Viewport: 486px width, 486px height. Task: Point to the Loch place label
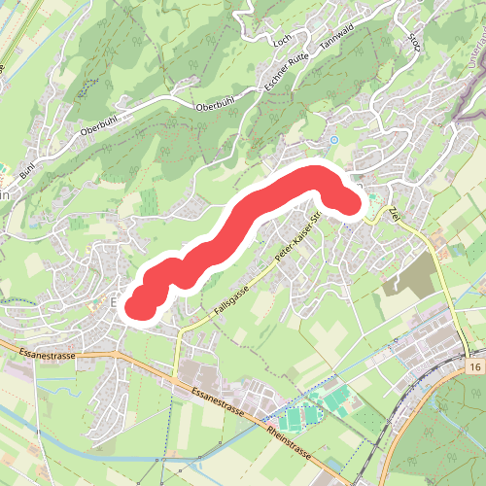pyautogui.click(x=283, y=43)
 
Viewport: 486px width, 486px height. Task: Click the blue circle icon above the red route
pyautogui.click(x=334, y=140)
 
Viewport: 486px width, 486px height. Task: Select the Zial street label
pyautogui.click(x=394, y=214)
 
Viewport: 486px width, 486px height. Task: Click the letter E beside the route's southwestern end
pyautogui.click(x=116, y=303)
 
